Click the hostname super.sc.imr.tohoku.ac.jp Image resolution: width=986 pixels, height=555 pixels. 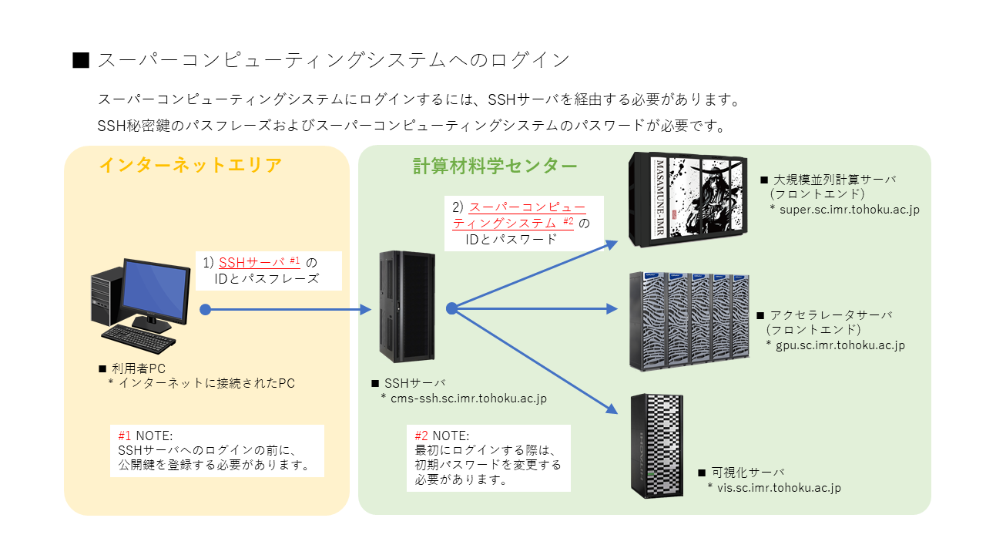pyautogui.click(x=849, y=209)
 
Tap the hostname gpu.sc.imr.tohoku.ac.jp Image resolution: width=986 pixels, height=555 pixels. pyautogui.click(x=840, y=345)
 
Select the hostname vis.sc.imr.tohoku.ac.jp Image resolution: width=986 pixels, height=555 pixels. pyautogui.click(x=779, y=487)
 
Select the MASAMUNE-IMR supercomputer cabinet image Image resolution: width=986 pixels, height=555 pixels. pyautogui.click(x=687, y=199)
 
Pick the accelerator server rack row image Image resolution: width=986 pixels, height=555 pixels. pyautogui.click(x=689, y=321)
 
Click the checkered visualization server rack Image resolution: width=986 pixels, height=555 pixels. pyautogui.click(x=656, y=446)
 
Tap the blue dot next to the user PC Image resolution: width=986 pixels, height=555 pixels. pyautogui.click(x=205, y=309)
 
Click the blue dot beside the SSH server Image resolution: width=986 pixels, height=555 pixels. pyautogui.click(x=452, y=308)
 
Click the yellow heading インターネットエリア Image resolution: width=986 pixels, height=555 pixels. pyautogui.click(x=190, y=165)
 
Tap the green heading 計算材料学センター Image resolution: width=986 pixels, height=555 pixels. pyautogui.click(x=495, y=165)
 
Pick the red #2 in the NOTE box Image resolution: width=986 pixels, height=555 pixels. pyautogui.click(x=421, y=436)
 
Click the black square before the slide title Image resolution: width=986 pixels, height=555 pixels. pyautogui.click(x=81, y=60)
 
